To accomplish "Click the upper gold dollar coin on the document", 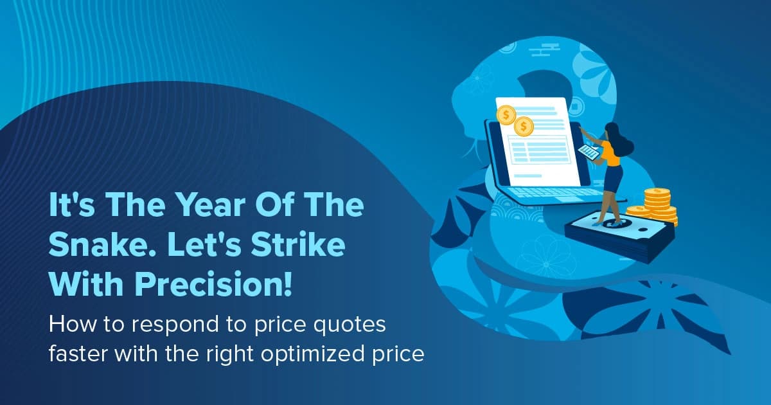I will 507,115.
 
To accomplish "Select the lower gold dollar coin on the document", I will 524,127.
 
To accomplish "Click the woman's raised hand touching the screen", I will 583,130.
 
